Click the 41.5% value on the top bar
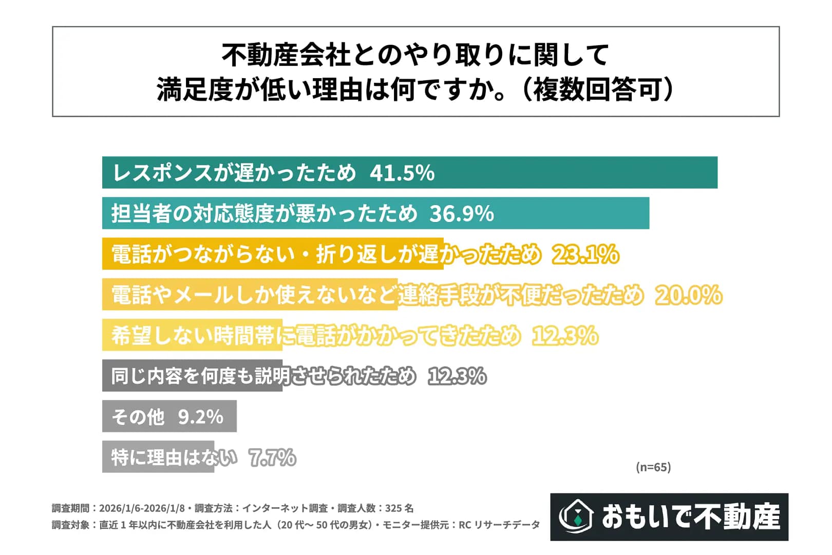point(402,173)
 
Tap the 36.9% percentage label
point(461,213)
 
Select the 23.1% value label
point(585,254)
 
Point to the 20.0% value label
point(688,295)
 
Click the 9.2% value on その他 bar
point(201,416)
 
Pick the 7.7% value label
point(272,457)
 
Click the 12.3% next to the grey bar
point(457,376)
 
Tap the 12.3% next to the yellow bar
point(565,336)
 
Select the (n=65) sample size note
point(653,467)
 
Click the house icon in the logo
point(576,516)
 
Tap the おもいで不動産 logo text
point(691,516)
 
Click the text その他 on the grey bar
point(138,416)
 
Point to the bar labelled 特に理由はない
point(158,457)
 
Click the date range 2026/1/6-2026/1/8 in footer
point(142,508)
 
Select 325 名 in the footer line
point(399,508)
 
